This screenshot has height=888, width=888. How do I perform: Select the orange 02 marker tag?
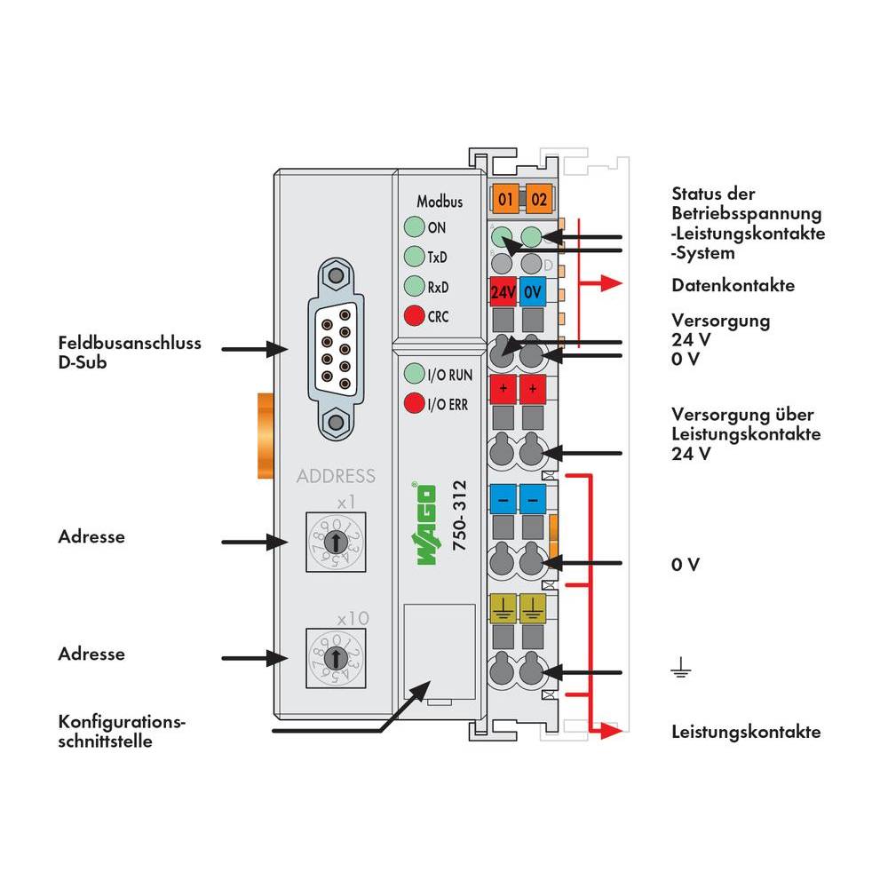(537, 198)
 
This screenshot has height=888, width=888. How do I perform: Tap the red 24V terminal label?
(503, 291)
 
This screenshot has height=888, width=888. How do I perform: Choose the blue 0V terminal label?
(533, 291)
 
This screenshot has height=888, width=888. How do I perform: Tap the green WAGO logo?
(423, 527)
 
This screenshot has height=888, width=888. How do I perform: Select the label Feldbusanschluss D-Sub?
(131, 351)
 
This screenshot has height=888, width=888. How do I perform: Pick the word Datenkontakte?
(733, 286)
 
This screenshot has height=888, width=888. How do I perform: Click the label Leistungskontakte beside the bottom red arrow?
(746, 733)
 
